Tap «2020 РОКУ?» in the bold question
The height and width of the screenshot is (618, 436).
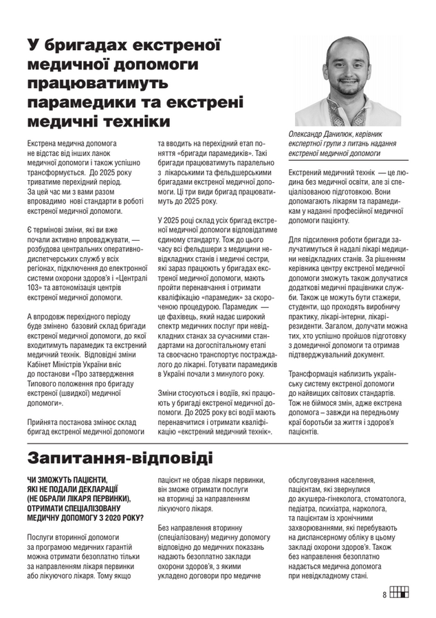(119, 517)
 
